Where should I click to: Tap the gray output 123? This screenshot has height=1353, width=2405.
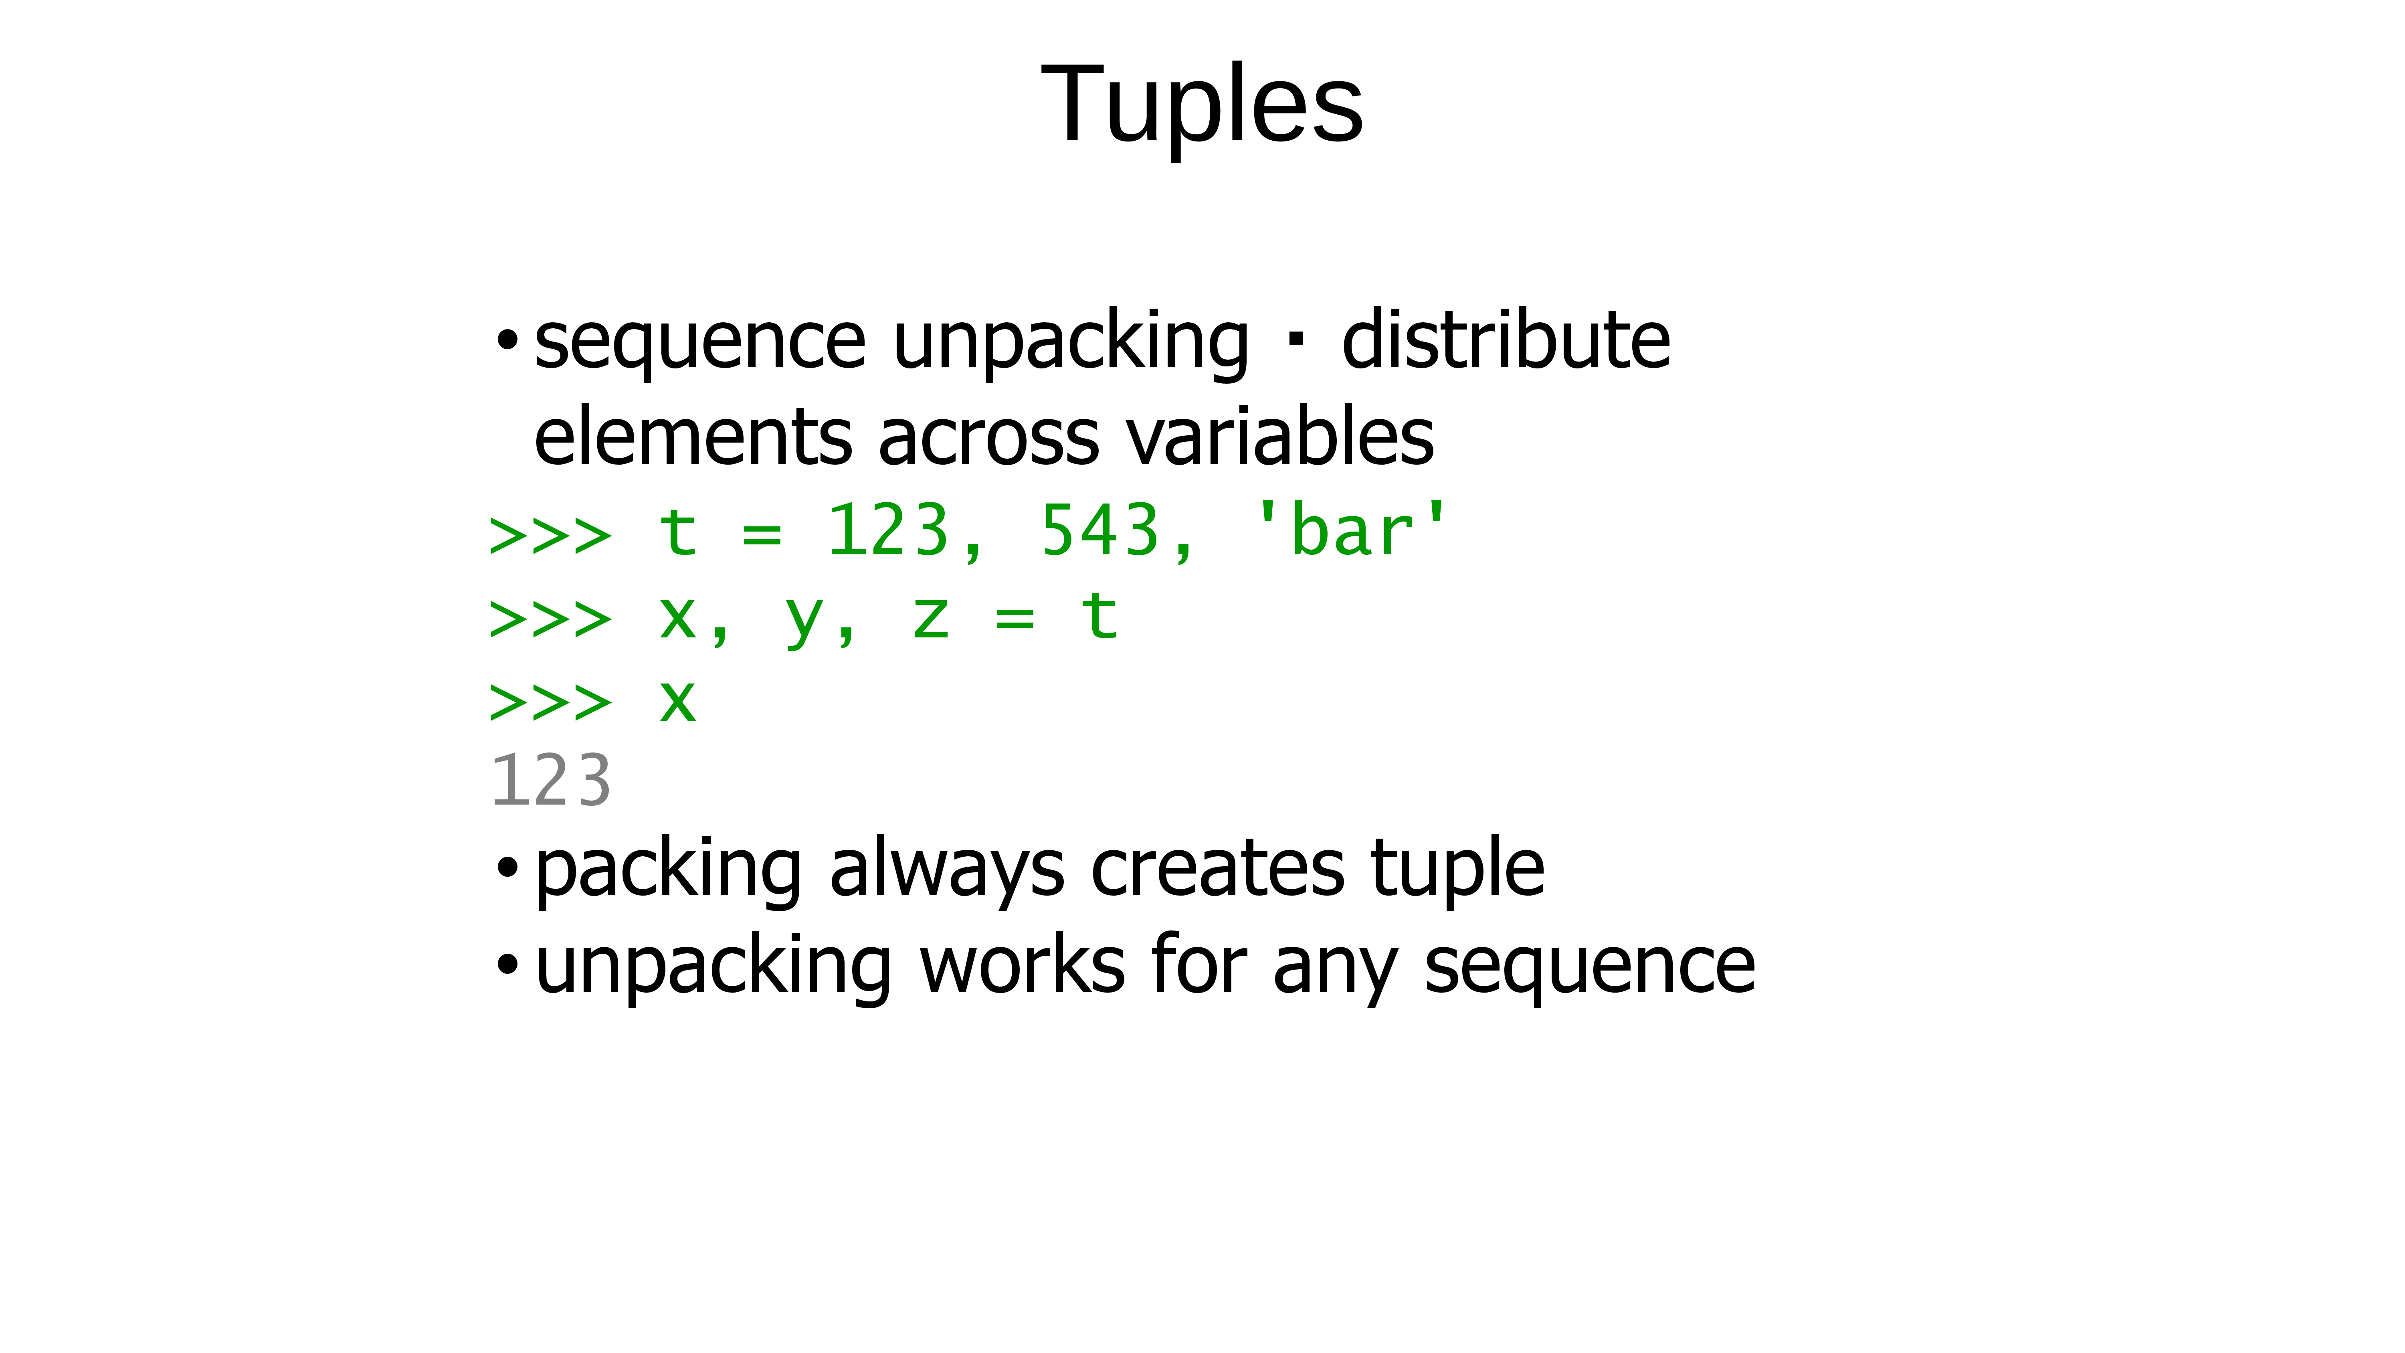tap(551, 781)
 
